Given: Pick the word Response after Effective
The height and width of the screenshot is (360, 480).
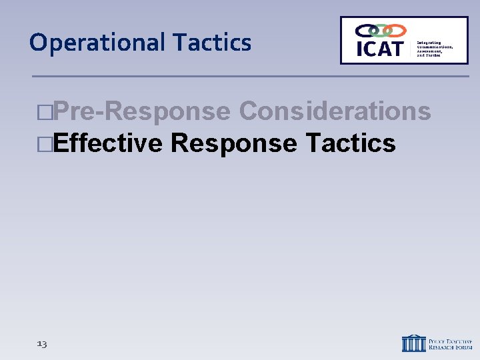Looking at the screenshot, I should [x=233, y=143].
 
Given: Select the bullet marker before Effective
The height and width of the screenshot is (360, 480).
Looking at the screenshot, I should [x=45, y=143].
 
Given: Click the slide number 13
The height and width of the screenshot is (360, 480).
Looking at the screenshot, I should [x=42, y=344].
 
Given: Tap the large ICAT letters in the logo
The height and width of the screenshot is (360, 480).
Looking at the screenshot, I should [x=379, y=48].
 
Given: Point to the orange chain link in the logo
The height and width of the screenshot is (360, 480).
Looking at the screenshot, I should [x=395, y=31].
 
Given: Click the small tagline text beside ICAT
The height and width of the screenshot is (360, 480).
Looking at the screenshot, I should [x=435, y=49].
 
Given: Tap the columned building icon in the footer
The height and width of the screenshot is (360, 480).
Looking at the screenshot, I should [x=413, y=343].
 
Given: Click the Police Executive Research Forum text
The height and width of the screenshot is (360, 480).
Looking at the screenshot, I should [x=450, y=343].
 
